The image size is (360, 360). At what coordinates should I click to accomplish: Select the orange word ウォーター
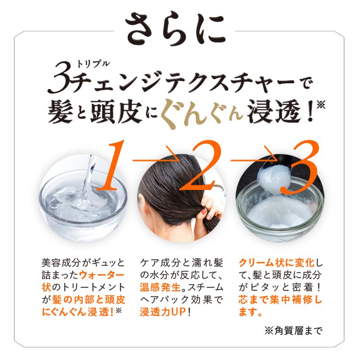tap(101, 274)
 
